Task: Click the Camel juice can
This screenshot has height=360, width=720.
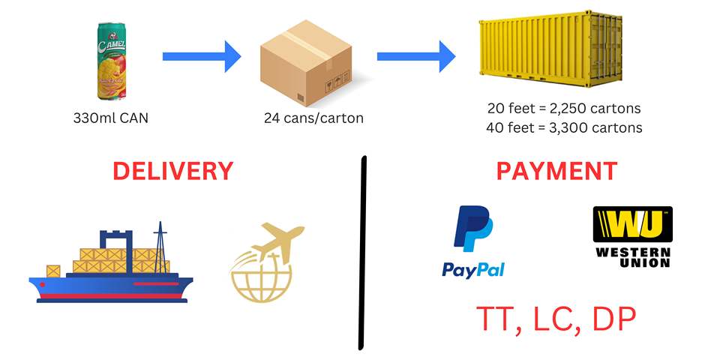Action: pos(111,61)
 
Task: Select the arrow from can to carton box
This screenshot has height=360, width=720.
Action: pos(201,56)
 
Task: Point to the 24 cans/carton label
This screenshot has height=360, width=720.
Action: pos(309,118)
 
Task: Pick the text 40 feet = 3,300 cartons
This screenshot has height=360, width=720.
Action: pos(563,127)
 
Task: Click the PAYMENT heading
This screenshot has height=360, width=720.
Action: pos(556,170)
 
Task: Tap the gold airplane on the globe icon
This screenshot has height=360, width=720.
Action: pos(268,266)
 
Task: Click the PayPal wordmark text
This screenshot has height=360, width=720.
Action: pos(472,269)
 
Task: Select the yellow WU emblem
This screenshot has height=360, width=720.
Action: pos(632,224)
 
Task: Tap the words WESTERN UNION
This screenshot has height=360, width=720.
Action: pos(632,256)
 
